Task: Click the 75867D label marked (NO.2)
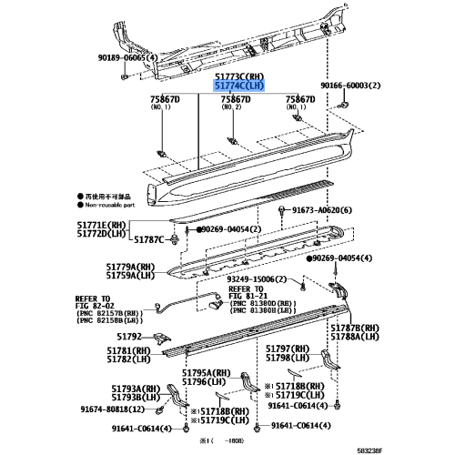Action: click(235, 98)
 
